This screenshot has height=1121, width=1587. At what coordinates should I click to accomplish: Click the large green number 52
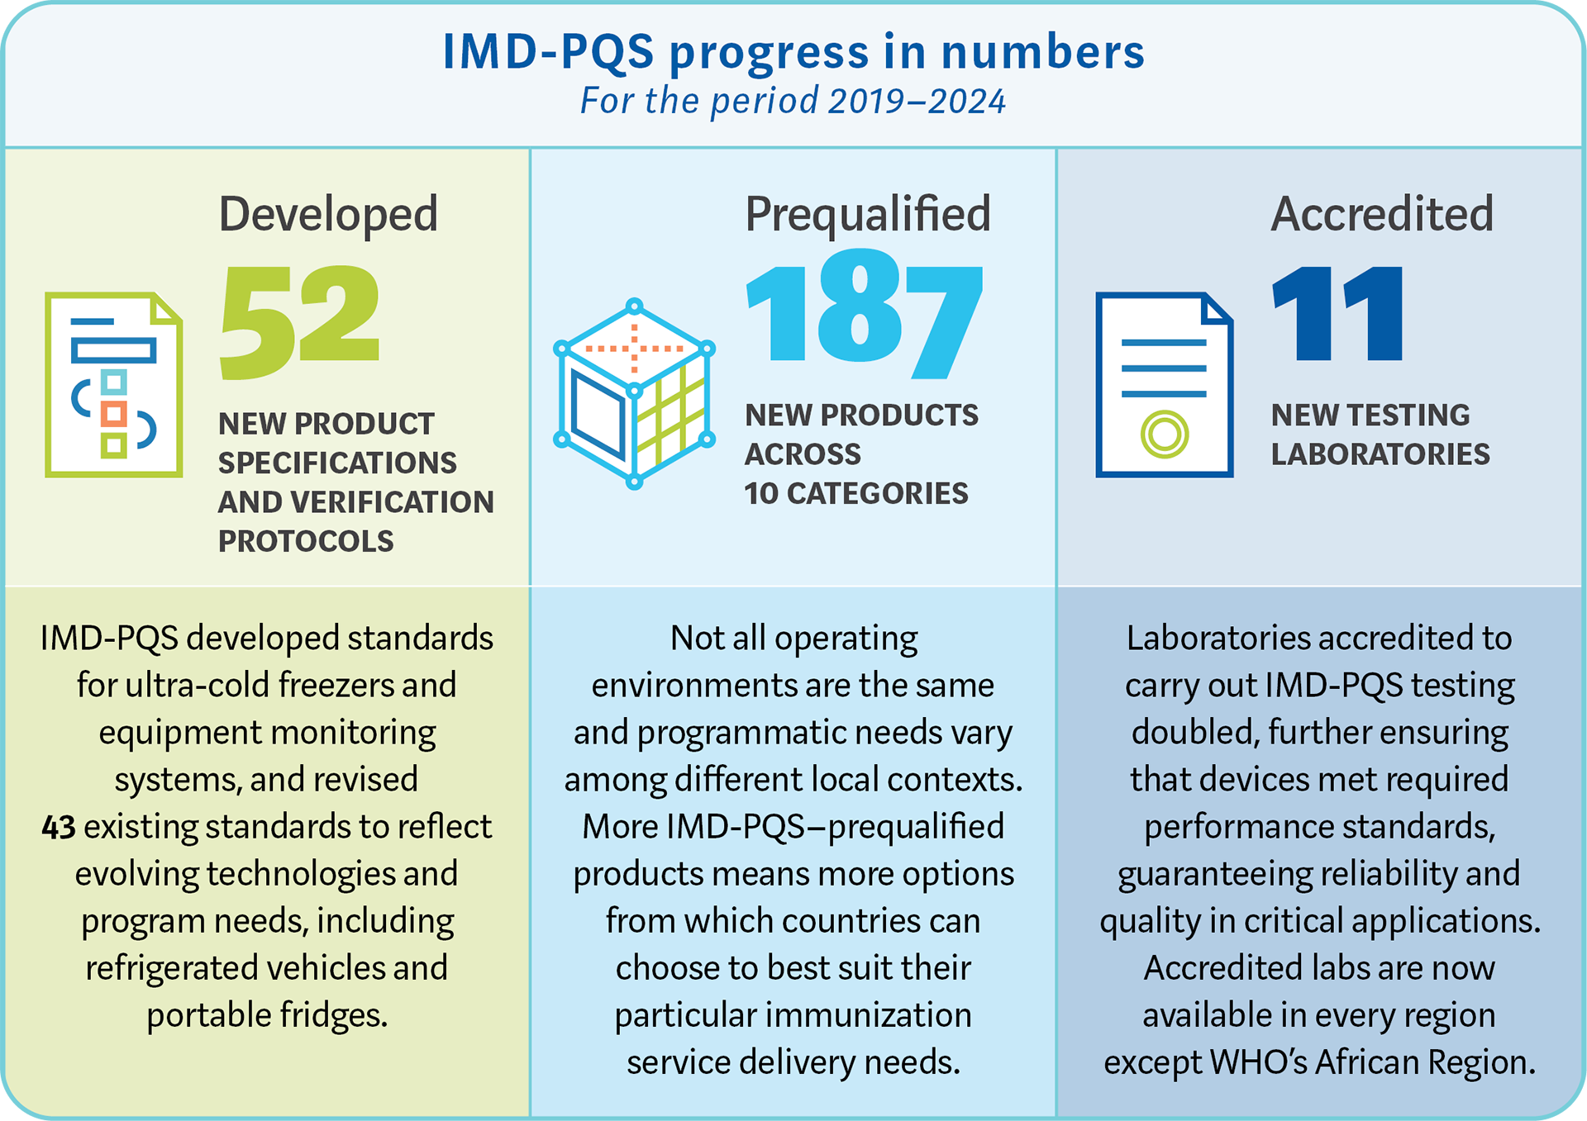(299, 322)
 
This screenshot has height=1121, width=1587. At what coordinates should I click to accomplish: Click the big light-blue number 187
(864, 318)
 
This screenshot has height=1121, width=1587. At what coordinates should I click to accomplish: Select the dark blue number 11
(1337, 315)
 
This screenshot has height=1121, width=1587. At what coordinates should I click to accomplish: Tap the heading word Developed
(328, 214)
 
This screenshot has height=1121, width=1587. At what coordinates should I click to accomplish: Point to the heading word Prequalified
(867, 214)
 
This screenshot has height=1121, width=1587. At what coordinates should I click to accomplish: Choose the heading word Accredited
(1381, 214)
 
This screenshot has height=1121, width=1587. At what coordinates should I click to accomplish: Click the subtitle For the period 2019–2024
(793, 102)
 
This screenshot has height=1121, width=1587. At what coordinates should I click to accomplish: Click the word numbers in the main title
(1042, 51)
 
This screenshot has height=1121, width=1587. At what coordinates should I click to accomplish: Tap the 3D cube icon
(634, 395)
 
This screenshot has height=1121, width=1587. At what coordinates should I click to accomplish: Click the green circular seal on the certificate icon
(1164, 434)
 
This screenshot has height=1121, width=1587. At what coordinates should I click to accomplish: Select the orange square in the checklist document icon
(113, 414)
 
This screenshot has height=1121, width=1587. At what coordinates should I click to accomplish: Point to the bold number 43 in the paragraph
(59, 827)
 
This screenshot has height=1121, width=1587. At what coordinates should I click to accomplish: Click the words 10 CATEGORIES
(855, 493)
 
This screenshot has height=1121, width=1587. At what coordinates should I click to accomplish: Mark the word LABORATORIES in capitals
(1380, 454)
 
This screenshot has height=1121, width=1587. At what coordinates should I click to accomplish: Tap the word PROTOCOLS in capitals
(306, 541)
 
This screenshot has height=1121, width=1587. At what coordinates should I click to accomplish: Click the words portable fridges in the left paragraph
(266, 1015)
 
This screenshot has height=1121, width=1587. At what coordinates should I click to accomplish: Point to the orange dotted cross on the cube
(634, 349)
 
